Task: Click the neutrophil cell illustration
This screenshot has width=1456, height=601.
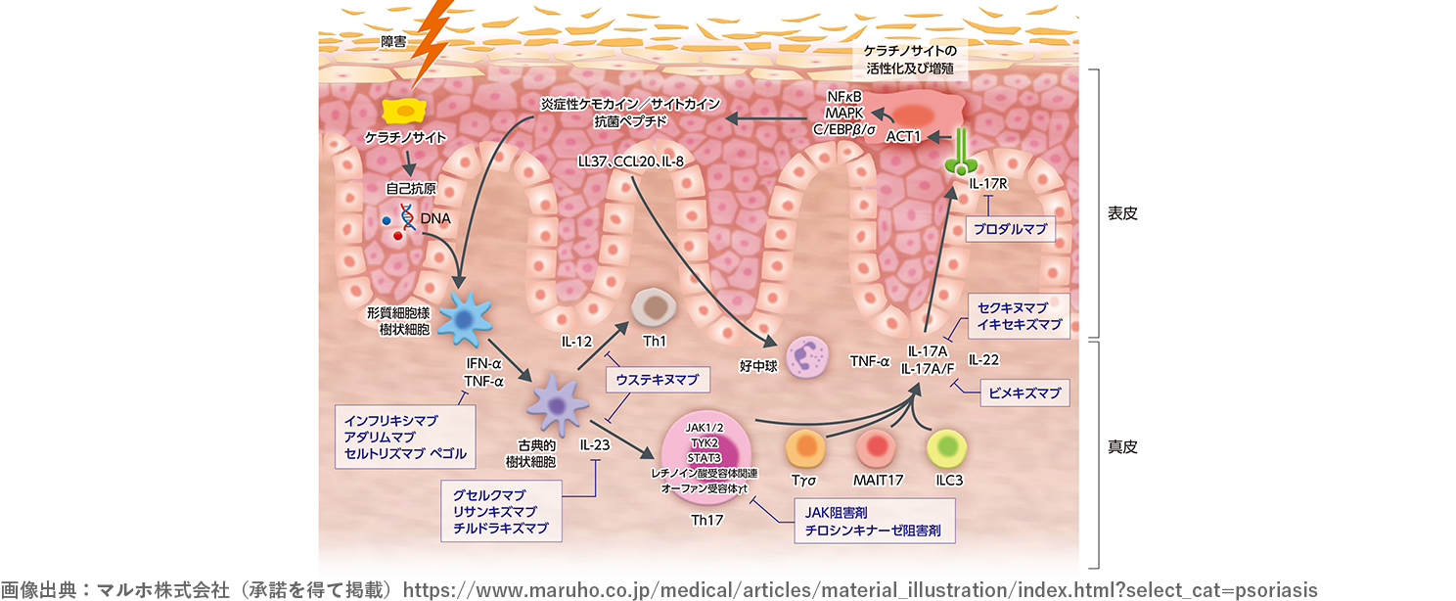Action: [808, 356]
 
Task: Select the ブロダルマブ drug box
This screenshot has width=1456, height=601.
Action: [1010, 230]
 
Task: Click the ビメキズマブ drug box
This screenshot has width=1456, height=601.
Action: [1024, 393]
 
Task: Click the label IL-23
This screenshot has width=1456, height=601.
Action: [596, 444]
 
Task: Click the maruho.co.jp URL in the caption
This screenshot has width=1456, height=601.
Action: [860, 590]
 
